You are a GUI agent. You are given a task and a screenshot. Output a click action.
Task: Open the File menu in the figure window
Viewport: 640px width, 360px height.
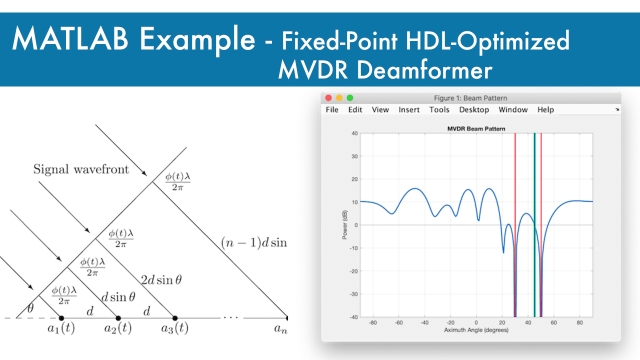pos(332,110)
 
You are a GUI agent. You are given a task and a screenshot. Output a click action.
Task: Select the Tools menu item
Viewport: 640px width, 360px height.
pos(439,110)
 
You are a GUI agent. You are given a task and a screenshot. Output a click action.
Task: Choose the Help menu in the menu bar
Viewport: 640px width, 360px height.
pos(545,110)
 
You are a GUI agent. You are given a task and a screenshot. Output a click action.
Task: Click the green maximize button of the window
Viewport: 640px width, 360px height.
pos(351,98)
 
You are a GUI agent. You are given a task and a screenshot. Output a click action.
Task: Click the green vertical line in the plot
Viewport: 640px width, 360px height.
pos(536,220)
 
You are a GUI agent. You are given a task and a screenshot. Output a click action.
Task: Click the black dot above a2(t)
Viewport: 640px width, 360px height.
pos(118,317)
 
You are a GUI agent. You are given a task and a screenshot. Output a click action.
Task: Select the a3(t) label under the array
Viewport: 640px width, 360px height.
pos(175,329)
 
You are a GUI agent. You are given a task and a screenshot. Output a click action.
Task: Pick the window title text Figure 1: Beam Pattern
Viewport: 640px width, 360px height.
pos(475,98)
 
